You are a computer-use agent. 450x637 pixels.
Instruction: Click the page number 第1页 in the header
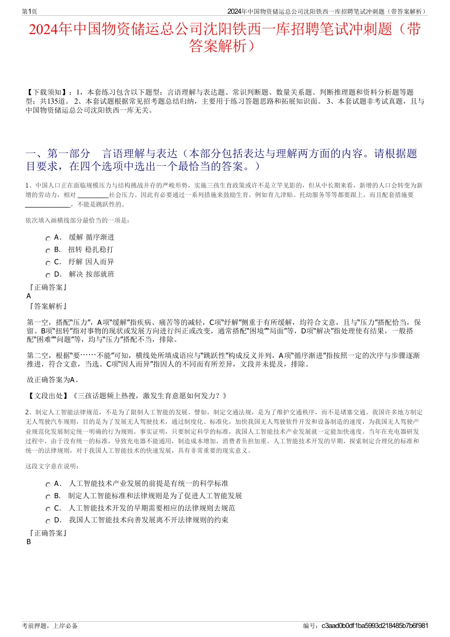(x=29, y=12)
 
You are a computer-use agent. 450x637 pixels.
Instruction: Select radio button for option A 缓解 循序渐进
(x=48, y=239)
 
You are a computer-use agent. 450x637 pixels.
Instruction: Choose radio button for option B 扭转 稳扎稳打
(x=48, y=251)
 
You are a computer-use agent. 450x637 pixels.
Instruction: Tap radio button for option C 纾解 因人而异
(x=48, y=263)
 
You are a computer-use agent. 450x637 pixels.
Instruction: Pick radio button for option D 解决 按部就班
(x=48, y=275)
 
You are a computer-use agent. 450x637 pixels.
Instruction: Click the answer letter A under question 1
(x=29, y=296)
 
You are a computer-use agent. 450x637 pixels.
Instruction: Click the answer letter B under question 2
(x=29, y=542)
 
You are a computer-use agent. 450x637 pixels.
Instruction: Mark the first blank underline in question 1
(x=93, y=195)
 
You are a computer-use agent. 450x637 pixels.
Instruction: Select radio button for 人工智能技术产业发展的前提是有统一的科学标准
(x=48, y=484)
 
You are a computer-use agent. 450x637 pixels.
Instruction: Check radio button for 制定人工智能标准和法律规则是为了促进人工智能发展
(x=48, y=497)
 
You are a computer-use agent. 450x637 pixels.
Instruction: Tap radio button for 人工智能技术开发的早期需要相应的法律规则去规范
(x=48, y=509)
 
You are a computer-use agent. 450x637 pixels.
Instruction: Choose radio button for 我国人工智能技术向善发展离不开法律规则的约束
(x=48, y=521)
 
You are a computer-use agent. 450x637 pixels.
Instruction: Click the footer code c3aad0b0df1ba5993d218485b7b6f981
(x=375, y=626)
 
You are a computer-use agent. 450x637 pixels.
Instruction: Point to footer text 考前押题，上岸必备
(x=50, y=626)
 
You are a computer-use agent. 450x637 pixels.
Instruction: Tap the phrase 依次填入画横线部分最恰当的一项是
(x=77, y=220)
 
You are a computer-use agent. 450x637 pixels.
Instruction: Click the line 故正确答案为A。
(x=54, y=380)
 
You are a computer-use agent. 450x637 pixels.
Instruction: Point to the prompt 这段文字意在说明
(x=52, y=466)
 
